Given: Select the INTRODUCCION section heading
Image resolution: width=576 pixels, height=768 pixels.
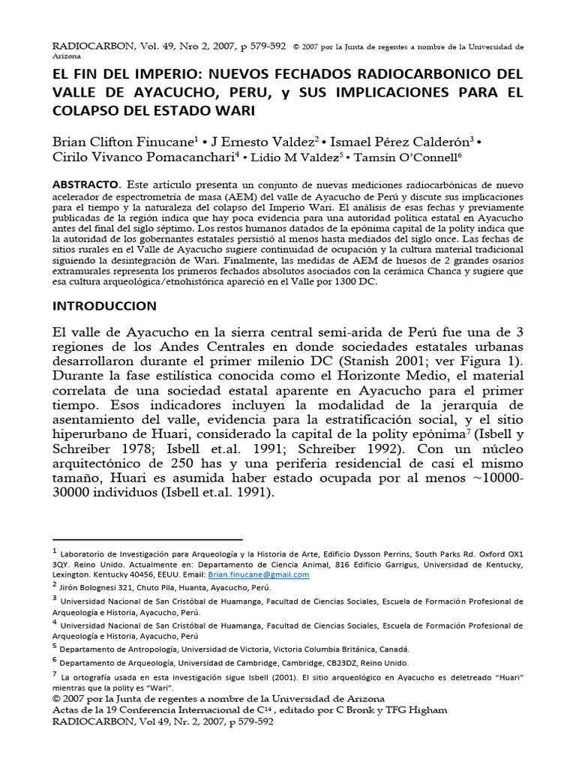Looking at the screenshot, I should point(105,306).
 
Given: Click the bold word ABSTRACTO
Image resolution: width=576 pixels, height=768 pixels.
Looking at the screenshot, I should point(85,184).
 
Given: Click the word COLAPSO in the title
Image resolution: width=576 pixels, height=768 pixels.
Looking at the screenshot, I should point(84,111).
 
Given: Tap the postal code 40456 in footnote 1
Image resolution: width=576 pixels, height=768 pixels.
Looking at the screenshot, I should point(157,574).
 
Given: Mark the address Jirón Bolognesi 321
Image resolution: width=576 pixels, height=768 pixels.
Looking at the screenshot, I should point(103,588).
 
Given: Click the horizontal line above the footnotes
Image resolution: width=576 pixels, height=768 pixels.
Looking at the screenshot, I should point(148,539).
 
